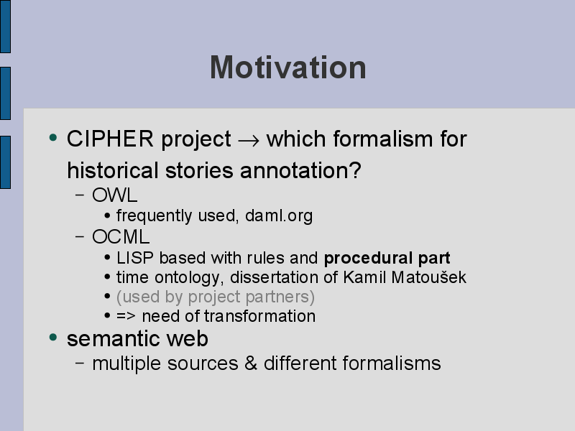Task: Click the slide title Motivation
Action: [x=288, y=68]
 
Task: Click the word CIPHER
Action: [x=110, y=139]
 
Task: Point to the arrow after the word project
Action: [x=249, y=141]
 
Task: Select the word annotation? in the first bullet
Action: [x=300, y=171]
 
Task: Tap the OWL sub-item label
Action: [x=115, y=195]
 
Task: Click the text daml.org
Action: [x=279, y=216]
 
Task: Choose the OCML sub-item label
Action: [x=121, y=237]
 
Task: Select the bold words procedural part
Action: [x=387, y=259]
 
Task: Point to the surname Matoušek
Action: [x=428, y=277]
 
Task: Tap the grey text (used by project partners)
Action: [x=216, y=297]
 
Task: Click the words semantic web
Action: [x=137, y=338]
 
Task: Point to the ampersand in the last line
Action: [x=251, y=363]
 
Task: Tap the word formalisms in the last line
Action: [x=392, y=363]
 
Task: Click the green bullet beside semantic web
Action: [x=53, y=337]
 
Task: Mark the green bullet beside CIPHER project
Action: [x=53, y=138]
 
